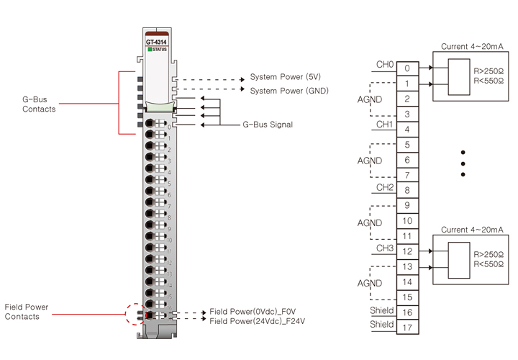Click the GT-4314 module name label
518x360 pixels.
point(155,42)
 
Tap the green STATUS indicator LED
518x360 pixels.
point(149,49)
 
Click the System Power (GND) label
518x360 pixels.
point(288,91)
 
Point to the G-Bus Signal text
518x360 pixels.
point(268,125)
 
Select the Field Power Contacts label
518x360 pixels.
point(27,312)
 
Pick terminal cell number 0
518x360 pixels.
point(406,69)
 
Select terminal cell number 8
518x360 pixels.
point(406,191)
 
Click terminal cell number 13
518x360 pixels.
point(406,267)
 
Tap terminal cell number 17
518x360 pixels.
point(406,328)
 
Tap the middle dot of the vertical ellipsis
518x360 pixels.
point(463,163)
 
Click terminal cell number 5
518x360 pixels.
point(406,145)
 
